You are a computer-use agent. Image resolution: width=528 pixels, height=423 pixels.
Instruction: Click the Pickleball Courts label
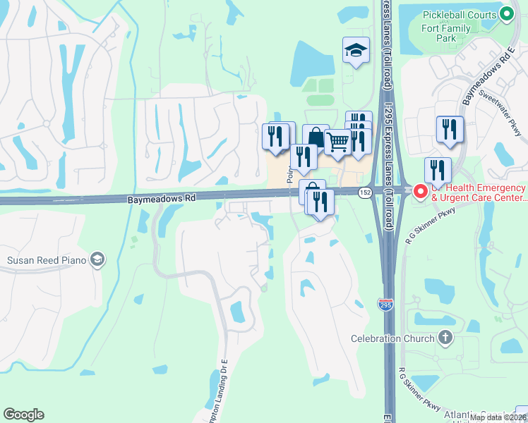point(459,15)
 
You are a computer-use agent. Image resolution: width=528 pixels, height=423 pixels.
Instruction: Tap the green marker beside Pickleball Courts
point(506,14)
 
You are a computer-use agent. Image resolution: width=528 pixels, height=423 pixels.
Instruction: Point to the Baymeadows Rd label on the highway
point(162,200)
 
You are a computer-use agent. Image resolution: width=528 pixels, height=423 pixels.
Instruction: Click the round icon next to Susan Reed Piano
point(97,260)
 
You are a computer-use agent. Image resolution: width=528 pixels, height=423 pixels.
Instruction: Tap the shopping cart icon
point(338,142)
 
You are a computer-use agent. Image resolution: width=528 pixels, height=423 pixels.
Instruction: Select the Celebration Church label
point(393,338)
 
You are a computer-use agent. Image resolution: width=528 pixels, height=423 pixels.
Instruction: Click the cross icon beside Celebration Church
point(445,338)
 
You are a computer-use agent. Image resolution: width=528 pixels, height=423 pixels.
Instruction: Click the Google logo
point(23,415)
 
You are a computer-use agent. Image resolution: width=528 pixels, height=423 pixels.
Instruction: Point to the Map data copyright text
point(498,417)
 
